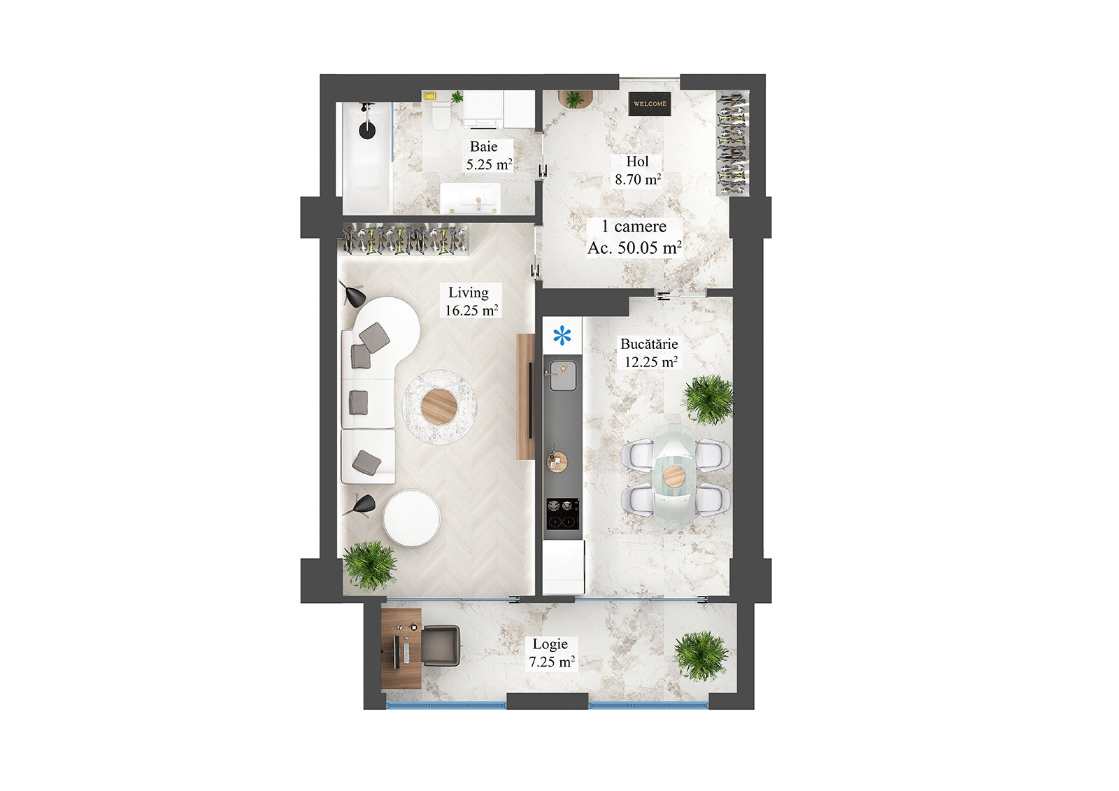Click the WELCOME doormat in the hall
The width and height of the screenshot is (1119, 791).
650,104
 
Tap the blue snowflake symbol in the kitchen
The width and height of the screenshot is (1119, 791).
562,336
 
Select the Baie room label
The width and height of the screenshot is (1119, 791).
484,147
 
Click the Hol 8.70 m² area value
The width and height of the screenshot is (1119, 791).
638,180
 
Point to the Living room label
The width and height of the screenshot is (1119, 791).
469,293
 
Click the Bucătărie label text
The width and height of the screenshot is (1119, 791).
649,344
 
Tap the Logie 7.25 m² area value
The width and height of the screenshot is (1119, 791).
552,662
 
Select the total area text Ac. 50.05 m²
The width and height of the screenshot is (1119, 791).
634,248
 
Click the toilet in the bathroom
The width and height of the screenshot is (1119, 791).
441,115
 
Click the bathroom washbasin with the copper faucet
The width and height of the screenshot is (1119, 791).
471,197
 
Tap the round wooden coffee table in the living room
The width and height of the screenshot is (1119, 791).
440,405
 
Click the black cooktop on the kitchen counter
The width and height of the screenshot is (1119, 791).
563,513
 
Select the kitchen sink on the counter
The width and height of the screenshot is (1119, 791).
562,376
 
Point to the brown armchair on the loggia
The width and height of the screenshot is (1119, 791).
440,646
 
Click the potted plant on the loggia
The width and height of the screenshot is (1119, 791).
701,655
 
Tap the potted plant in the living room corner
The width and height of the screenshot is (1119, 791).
370,564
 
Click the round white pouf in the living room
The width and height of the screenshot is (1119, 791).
411,518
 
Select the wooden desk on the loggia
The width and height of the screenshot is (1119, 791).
401,648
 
